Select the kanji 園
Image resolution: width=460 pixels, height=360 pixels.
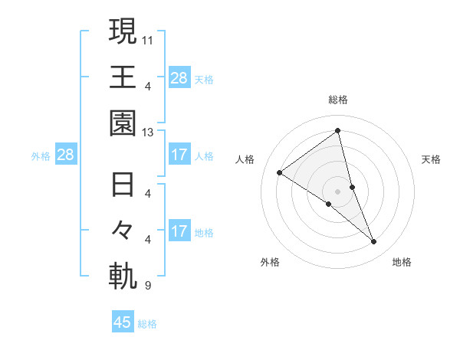tap(123, 123)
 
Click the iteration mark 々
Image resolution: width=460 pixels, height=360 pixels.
tap(123, 231)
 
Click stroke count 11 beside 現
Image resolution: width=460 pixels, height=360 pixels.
tap(148, 38)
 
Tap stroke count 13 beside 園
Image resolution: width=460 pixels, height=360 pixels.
tap(148, 133)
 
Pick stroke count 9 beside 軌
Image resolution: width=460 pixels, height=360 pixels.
tap(148, 286)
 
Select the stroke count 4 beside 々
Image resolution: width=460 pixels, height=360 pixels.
tap(148, 239)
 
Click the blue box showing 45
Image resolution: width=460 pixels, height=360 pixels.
tap(123, 322)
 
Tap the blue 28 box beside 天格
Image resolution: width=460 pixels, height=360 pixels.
tap(179, 77)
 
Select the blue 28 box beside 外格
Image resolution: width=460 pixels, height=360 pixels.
tap(65, 155)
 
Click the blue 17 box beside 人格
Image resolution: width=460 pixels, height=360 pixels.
tap(179, 155)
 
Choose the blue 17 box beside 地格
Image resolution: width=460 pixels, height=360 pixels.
tap(179, 231)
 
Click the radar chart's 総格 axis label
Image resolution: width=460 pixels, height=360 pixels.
tap(338, 100)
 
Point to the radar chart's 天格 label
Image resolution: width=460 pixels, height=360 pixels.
tap(431, 159)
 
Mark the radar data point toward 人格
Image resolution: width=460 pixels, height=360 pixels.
tap(280, 172)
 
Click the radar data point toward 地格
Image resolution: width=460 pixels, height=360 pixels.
tap(374, 242)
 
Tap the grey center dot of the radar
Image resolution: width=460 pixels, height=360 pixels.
tap(338, 191)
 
